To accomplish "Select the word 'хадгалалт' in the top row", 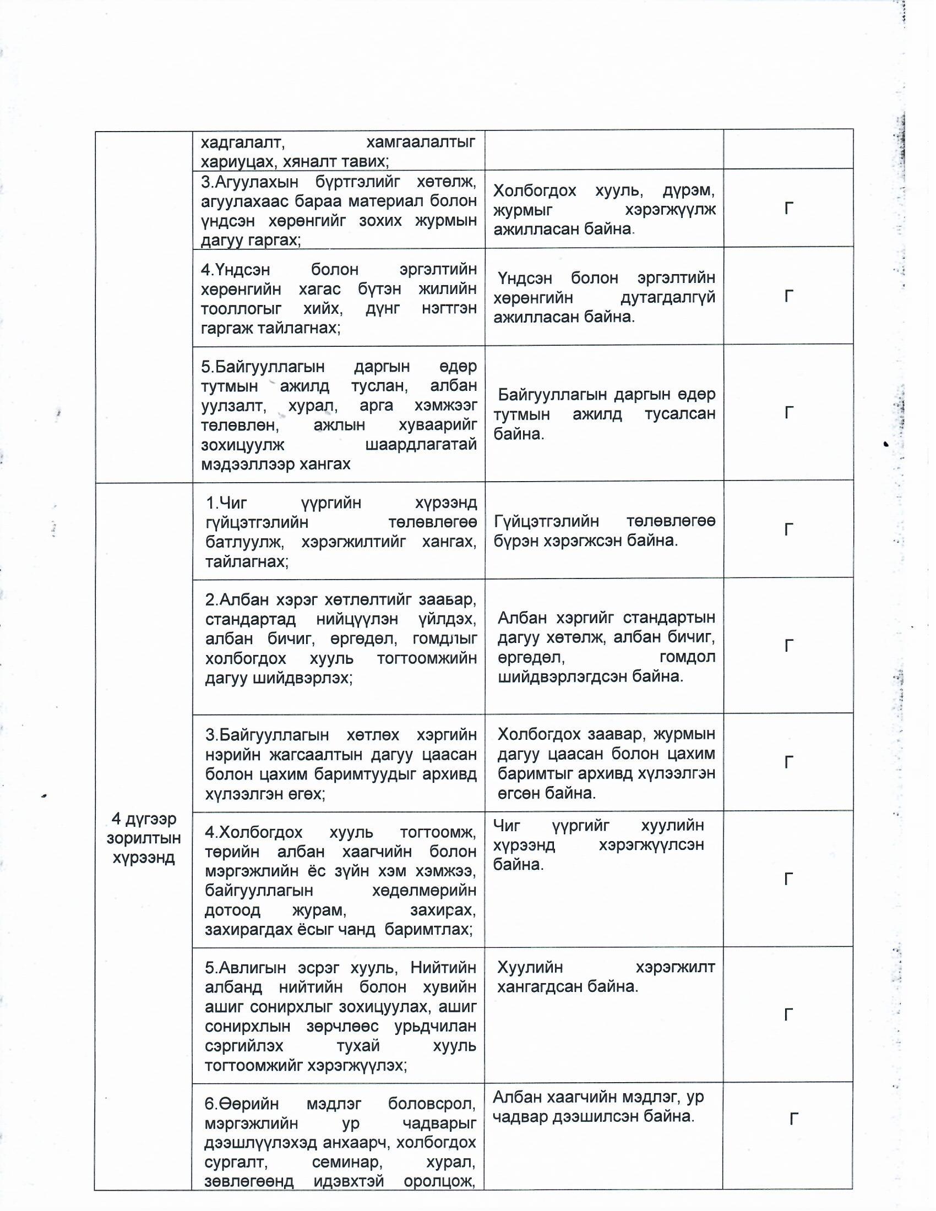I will coord(243,143).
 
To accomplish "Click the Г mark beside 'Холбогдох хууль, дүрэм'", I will coord(788,209).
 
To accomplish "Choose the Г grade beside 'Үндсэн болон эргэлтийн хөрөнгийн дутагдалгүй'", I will coord(788,296).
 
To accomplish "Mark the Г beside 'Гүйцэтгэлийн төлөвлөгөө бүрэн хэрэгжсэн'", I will coord(788,530).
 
